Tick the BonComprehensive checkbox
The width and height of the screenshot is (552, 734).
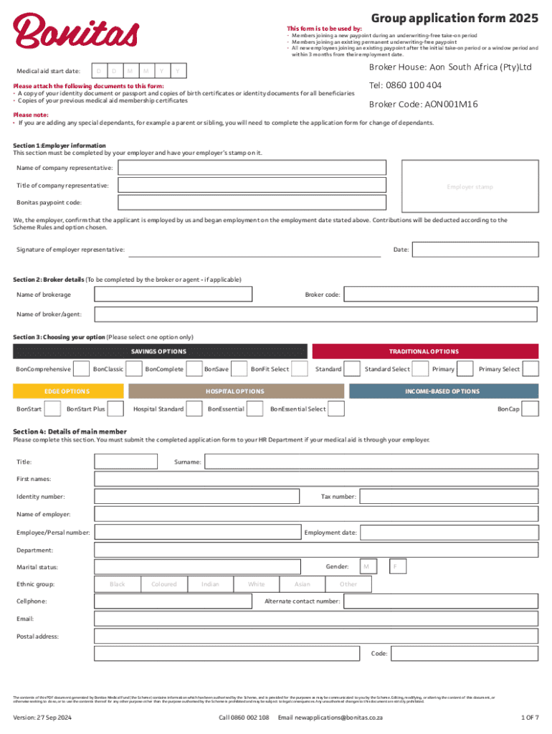click(82, 369)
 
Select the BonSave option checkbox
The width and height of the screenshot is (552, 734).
click(238, 369)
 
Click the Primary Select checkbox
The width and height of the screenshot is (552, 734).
click(530, 369)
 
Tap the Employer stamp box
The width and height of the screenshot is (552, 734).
click(470, 187)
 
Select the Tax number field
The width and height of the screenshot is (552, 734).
click(448, 497)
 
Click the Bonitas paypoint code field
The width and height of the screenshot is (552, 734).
click(252, 203)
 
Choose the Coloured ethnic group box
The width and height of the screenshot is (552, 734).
click(163, 584)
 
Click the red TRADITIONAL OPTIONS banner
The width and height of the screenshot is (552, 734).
click(424, 351)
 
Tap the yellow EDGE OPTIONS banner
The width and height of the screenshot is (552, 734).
click(67, 391)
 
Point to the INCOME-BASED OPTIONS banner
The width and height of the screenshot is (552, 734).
click(443, 391)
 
